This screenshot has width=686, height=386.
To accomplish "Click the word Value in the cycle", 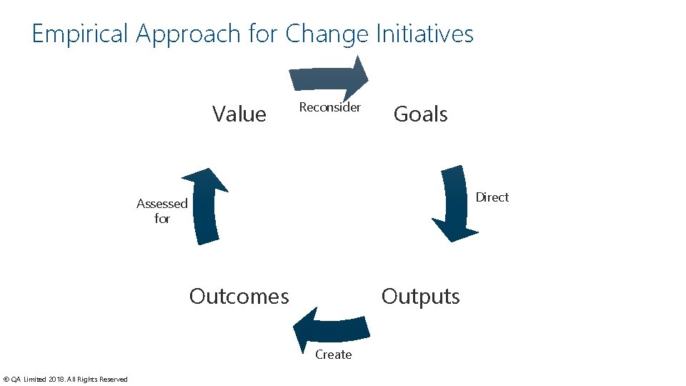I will (x=239, y=114).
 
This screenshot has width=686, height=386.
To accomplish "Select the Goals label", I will (x=420, y=114).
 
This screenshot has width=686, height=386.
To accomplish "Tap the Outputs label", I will (x=420, y=296).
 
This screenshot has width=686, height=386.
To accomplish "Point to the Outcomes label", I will (x=239, y=296).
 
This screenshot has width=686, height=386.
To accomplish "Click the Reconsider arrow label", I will (x=329, y=107).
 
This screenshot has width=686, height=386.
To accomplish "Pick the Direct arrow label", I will (x=492, y=197).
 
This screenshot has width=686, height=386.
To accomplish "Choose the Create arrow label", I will (x=333, y=355).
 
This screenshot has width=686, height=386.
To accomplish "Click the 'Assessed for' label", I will (x=161, y=211).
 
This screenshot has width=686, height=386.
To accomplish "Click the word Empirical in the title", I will (x=80, y=34).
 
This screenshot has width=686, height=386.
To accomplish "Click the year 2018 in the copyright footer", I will (x=56, y=380).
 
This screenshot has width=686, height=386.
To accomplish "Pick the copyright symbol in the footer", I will (x=6, y=380).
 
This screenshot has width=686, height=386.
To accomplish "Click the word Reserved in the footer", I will (x=113, y=380).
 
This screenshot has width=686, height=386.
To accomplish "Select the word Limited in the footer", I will (x=34, y=380).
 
